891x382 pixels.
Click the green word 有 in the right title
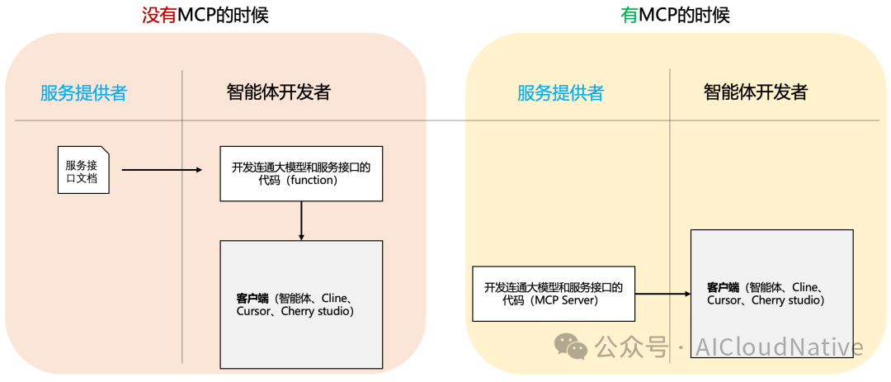click(x=629, y=15)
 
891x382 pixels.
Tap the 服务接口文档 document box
click(x=83, y=170)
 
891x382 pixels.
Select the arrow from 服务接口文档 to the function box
click(x=162, y=169)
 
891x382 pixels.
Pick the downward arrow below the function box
click(x=301, y=220)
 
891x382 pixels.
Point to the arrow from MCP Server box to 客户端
click(x=662, y=294)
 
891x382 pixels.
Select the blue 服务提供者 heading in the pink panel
click(x=83, y=92)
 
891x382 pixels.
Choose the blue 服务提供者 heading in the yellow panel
click(x=560, y=92)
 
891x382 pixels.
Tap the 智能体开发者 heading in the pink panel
click(x=279, y=92)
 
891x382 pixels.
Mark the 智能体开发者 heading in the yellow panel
click(x=756, y=92)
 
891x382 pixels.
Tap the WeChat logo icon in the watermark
click(x=571, y=346)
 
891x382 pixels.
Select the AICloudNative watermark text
click(x=780, y=347)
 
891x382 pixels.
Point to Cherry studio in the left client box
click(x=317, y=312)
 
